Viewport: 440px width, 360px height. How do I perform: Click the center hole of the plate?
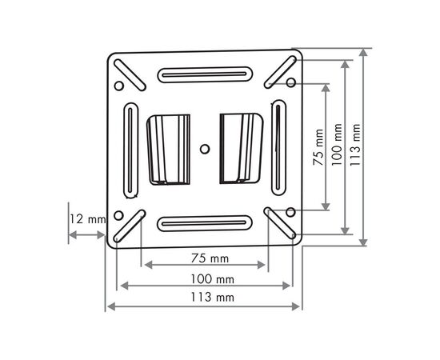click(x=205, y=148)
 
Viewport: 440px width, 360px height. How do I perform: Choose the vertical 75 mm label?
click(x=318, y=147)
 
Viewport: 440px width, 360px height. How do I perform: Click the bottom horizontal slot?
click(x=203, y=223)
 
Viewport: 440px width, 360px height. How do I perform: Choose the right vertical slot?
click(x=278, y=149)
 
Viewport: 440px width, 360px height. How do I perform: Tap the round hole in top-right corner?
click(x=290, y=82)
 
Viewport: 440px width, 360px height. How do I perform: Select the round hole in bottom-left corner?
click(x=119, y=215)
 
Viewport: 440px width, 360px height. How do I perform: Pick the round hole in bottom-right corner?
click(x=290, y=212)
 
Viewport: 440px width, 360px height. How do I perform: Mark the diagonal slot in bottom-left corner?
click(x=129, y=226)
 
